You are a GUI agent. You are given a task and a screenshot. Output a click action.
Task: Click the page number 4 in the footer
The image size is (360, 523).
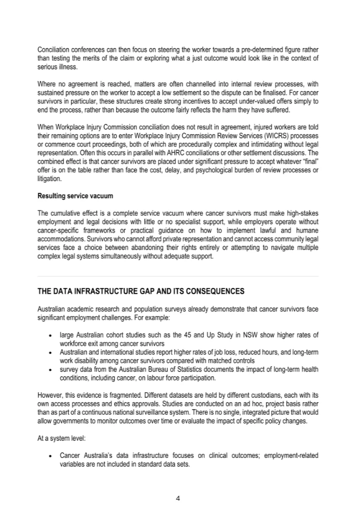point(180,498)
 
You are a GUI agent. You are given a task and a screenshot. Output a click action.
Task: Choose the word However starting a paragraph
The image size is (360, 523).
point(49,393)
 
